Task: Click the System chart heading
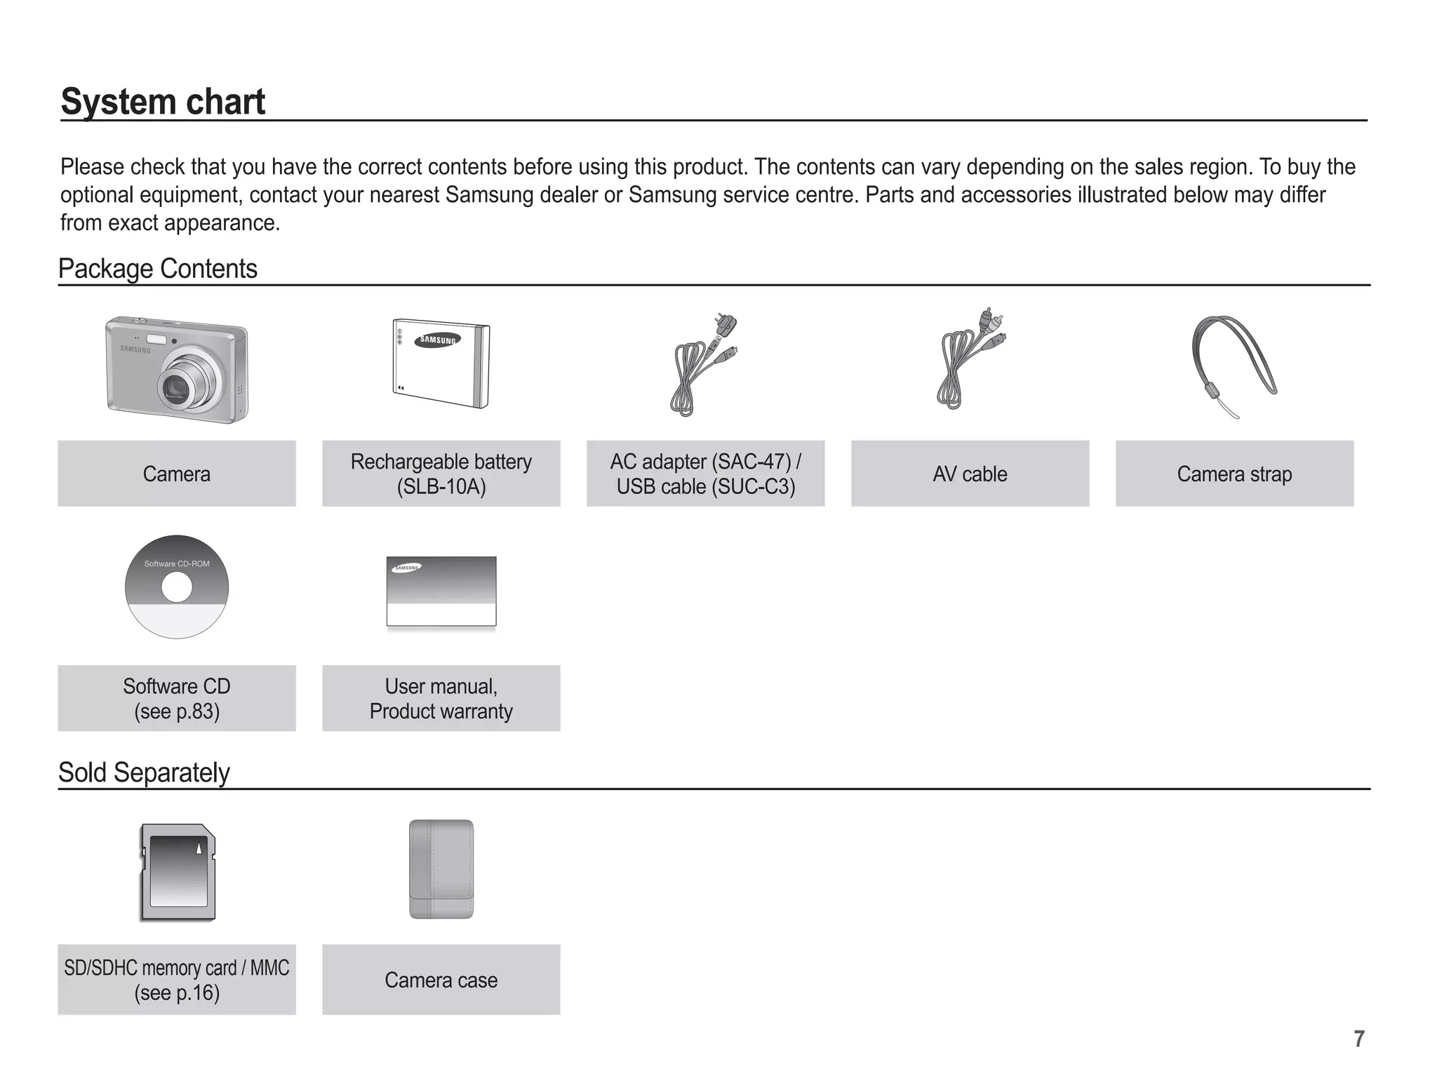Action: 163,102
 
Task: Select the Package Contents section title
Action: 157,269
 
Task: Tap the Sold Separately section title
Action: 144,772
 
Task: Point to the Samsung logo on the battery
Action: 438,340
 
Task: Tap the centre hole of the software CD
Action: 177,587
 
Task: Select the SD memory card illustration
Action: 178,872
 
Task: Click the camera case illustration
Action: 441,869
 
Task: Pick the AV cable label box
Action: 970,474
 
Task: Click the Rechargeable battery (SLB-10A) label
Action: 441,474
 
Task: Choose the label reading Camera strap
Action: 1234,474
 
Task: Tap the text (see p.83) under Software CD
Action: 177,711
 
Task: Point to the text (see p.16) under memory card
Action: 177,993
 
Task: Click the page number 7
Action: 1359,1039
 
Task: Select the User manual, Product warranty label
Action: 441,698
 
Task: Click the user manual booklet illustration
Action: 441,591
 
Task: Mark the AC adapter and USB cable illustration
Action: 704,365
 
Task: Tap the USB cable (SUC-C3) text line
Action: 706,486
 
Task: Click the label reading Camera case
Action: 441,980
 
